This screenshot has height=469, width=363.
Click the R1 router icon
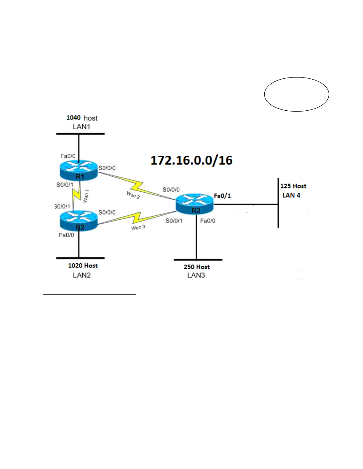tap(79, 170)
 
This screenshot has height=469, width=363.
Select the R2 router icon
tap(79, 221)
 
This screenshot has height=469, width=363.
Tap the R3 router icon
tap(195, 204)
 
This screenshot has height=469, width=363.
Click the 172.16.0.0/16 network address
tap(191, 160)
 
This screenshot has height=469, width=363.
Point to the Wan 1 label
tap(86, 196)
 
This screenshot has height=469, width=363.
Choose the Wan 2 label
tap(133, 195)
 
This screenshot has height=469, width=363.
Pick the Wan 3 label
tap(138, 228)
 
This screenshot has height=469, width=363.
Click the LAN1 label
tap(81, 127)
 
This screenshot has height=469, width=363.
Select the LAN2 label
tap(82, 275)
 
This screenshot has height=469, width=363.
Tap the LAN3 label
tap(196, 275)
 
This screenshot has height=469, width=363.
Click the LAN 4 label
tap(291, 195)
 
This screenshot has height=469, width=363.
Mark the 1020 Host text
tap(83, 265)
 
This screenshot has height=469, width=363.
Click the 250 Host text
tap(197, 267)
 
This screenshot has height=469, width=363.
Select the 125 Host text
tap(293, 186)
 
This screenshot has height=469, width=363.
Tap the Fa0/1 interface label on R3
tap(222, 196)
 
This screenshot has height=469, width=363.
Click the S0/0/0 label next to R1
tap(107, 168)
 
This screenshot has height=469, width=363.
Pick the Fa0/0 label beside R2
tap(67, 235)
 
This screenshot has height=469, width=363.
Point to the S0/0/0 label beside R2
tap(107, 212)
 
